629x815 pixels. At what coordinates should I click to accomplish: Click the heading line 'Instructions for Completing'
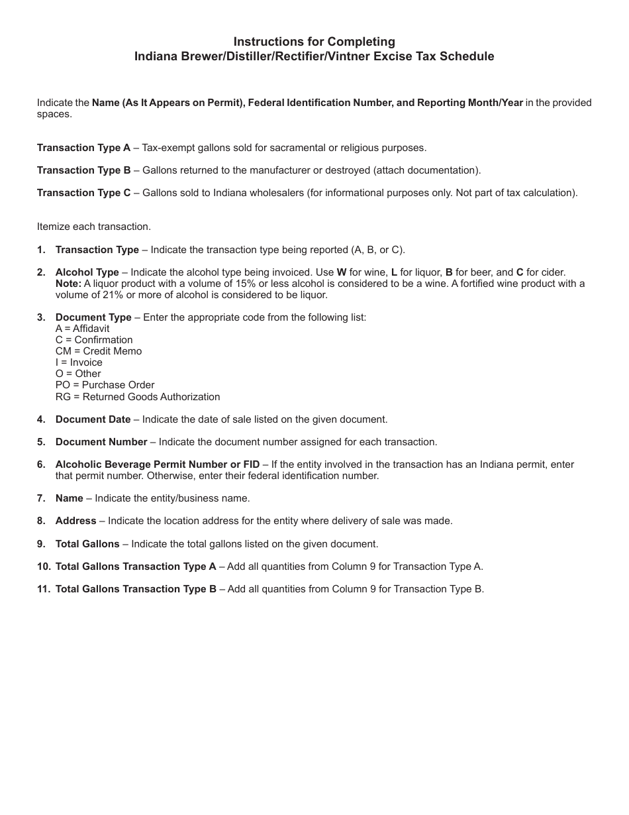tap(314, 42)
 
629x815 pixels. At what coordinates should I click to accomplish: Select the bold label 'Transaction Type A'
tap(83, 148)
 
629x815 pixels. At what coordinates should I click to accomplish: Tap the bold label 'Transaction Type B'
tap(83, 170)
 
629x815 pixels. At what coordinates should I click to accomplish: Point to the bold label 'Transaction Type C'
tap(83, 193)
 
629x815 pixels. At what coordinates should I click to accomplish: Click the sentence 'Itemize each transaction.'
tap(93, 227)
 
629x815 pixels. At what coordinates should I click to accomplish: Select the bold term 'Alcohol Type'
tap(87, 272)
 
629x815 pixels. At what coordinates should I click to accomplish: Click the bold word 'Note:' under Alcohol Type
tap(68, 284)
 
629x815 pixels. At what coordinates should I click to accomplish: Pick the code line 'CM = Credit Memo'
tap(99, 351)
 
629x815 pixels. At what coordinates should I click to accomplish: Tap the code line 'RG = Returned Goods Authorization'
tap(138, 397)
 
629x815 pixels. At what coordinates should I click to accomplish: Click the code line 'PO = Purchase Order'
tap(105, 385)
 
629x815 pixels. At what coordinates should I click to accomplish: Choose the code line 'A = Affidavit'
tap(82, 329)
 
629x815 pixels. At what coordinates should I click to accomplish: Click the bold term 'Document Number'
tap(101, 442)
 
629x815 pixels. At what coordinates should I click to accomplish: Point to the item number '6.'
tap(41, 464)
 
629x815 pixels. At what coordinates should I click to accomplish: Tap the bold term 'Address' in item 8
tap(75, 521)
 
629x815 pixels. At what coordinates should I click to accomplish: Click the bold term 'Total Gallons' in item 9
tap(87, 544)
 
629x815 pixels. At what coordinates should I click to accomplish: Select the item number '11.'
tap(44, 589)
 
